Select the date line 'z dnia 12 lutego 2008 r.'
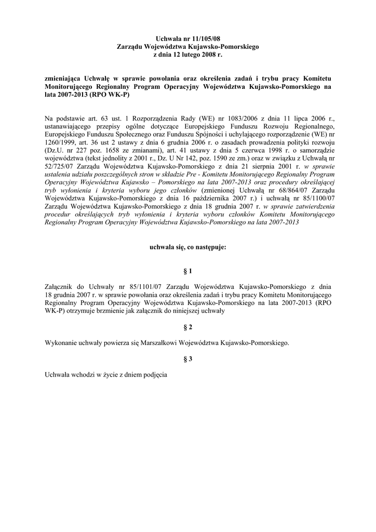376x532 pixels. tap(188, 55)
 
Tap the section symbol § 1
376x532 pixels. tap(188, 271)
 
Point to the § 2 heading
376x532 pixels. tap(188, 327)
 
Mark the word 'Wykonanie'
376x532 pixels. tap(61, 343)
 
